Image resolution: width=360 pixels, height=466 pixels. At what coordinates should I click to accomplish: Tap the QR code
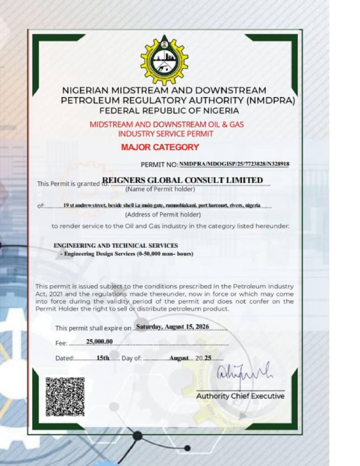pos(65,397)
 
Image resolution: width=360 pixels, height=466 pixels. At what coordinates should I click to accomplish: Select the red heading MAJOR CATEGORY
pos(160,148)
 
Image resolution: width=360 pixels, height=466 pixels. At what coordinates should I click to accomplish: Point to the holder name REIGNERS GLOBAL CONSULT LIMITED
pos(183,180)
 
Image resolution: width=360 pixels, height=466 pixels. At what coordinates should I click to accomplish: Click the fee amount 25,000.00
pos(99,342)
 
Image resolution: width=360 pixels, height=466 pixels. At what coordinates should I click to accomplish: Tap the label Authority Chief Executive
pos(240,396)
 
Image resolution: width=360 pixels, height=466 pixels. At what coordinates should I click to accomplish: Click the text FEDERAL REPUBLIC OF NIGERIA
pos(169,110)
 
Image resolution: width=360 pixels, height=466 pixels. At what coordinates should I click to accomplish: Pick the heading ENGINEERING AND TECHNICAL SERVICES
pos(116,245)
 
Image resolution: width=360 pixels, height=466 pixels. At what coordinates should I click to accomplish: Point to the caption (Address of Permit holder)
pos(156,214)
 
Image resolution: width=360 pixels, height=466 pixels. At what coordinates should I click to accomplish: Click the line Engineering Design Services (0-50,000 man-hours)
pos(126,253)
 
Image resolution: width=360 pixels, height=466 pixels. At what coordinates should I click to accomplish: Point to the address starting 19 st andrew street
pos(162,205)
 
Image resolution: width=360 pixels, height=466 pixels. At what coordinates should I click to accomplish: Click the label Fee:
pos(61,343)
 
